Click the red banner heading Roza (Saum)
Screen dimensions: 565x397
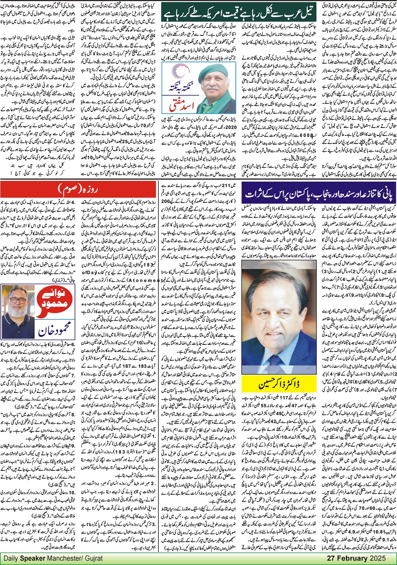[79, 188]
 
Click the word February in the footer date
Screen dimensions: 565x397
[354, 558]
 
